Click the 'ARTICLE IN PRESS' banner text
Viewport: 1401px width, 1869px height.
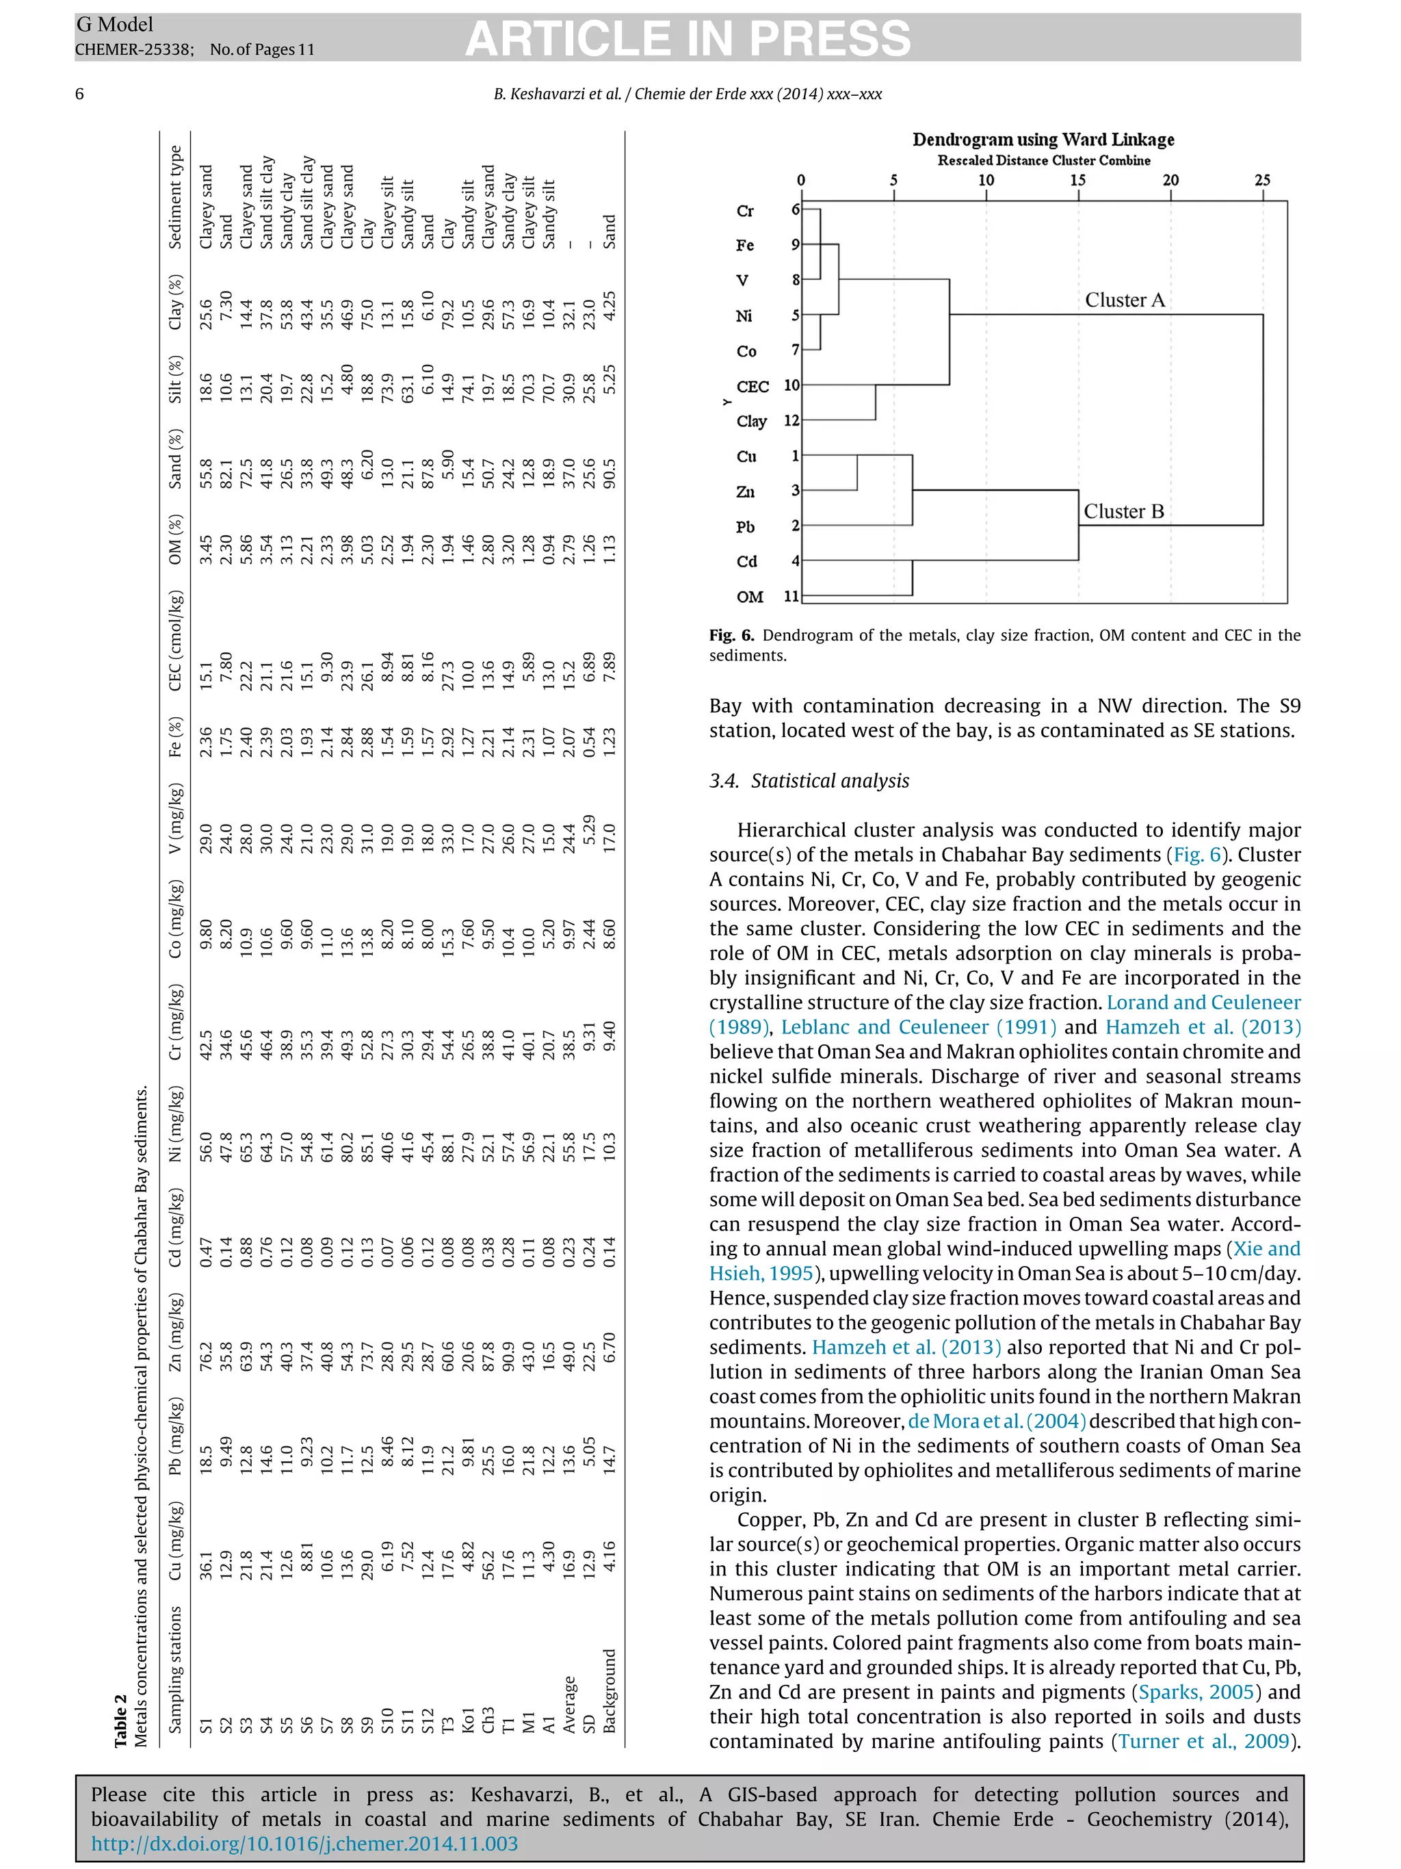click(x=688, y=39)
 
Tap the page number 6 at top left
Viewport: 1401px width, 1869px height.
click(x=79, y=94)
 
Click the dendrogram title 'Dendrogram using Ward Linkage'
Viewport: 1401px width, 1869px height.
click(x=1043, y=140)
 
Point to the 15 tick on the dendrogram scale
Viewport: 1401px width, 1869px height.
click(x=1077, y=180)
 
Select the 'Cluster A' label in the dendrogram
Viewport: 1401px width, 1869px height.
click(x=1124, y=300)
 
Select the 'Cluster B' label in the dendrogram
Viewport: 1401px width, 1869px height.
click(x=1123, y=511)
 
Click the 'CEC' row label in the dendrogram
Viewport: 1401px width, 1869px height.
click(x=752, y=386)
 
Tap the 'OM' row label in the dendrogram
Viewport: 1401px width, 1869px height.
click(x=749, y=597)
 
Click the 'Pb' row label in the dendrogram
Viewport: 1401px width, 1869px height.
click(x=745, y=526)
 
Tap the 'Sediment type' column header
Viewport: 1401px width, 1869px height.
click(x=175, y=197)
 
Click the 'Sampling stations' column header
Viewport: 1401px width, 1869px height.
click(x=175, y=1668)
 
